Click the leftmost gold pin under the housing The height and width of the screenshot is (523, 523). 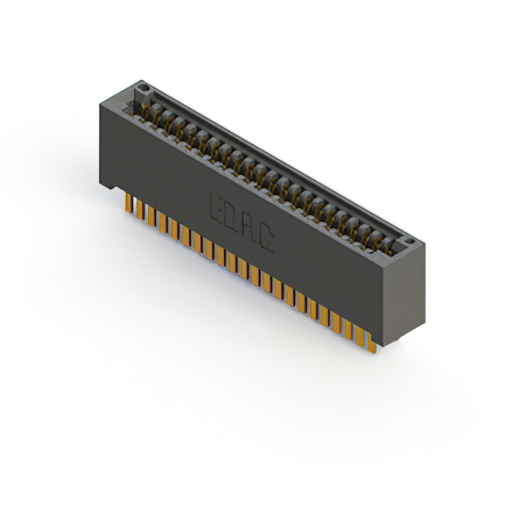point(128,203)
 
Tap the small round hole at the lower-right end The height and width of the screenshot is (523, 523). point(409,242)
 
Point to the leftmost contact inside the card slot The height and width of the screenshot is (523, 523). point(150,111)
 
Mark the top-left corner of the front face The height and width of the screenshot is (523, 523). point(101,103)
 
